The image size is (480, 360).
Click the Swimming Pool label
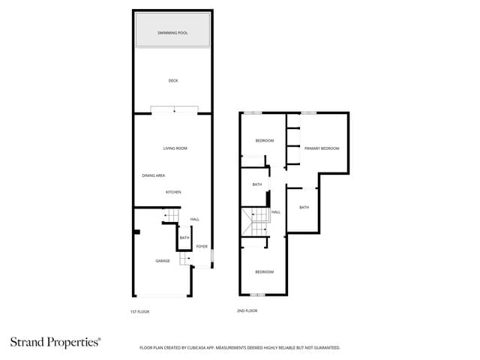[172, 34]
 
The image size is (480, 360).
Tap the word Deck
[173, 81]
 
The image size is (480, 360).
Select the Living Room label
[175, 148]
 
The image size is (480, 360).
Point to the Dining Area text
[154, 175]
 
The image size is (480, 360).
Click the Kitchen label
[173, 192]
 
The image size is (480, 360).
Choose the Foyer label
[202, 246]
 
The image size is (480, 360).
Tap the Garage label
[163, 261]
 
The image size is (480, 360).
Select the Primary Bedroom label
[322, 148]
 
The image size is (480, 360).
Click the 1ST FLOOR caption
[140, 310]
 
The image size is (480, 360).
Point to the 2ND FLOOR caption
[247, 310]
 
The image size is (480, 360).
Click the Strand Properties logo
[55, 342]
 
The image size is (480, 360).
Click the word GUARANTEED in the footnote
[324, 348]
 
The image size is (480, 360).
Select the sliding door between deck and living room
[174, 110]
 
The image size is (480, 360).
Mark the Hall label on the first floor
[194, 219]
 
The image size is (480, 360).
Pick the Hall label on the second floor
[276, 212]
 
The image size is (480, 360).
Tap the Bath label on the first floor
[184, 238]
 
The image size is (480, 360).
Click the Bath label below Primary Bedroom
[304, 207]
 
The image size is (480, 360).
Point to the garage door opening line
[163, 295]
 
